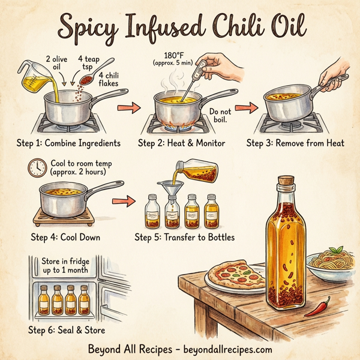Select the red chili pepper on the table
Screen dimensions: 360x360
[x=317, y=307]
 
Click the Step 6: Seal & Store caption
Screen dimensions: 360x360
[x=66, y=330]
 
